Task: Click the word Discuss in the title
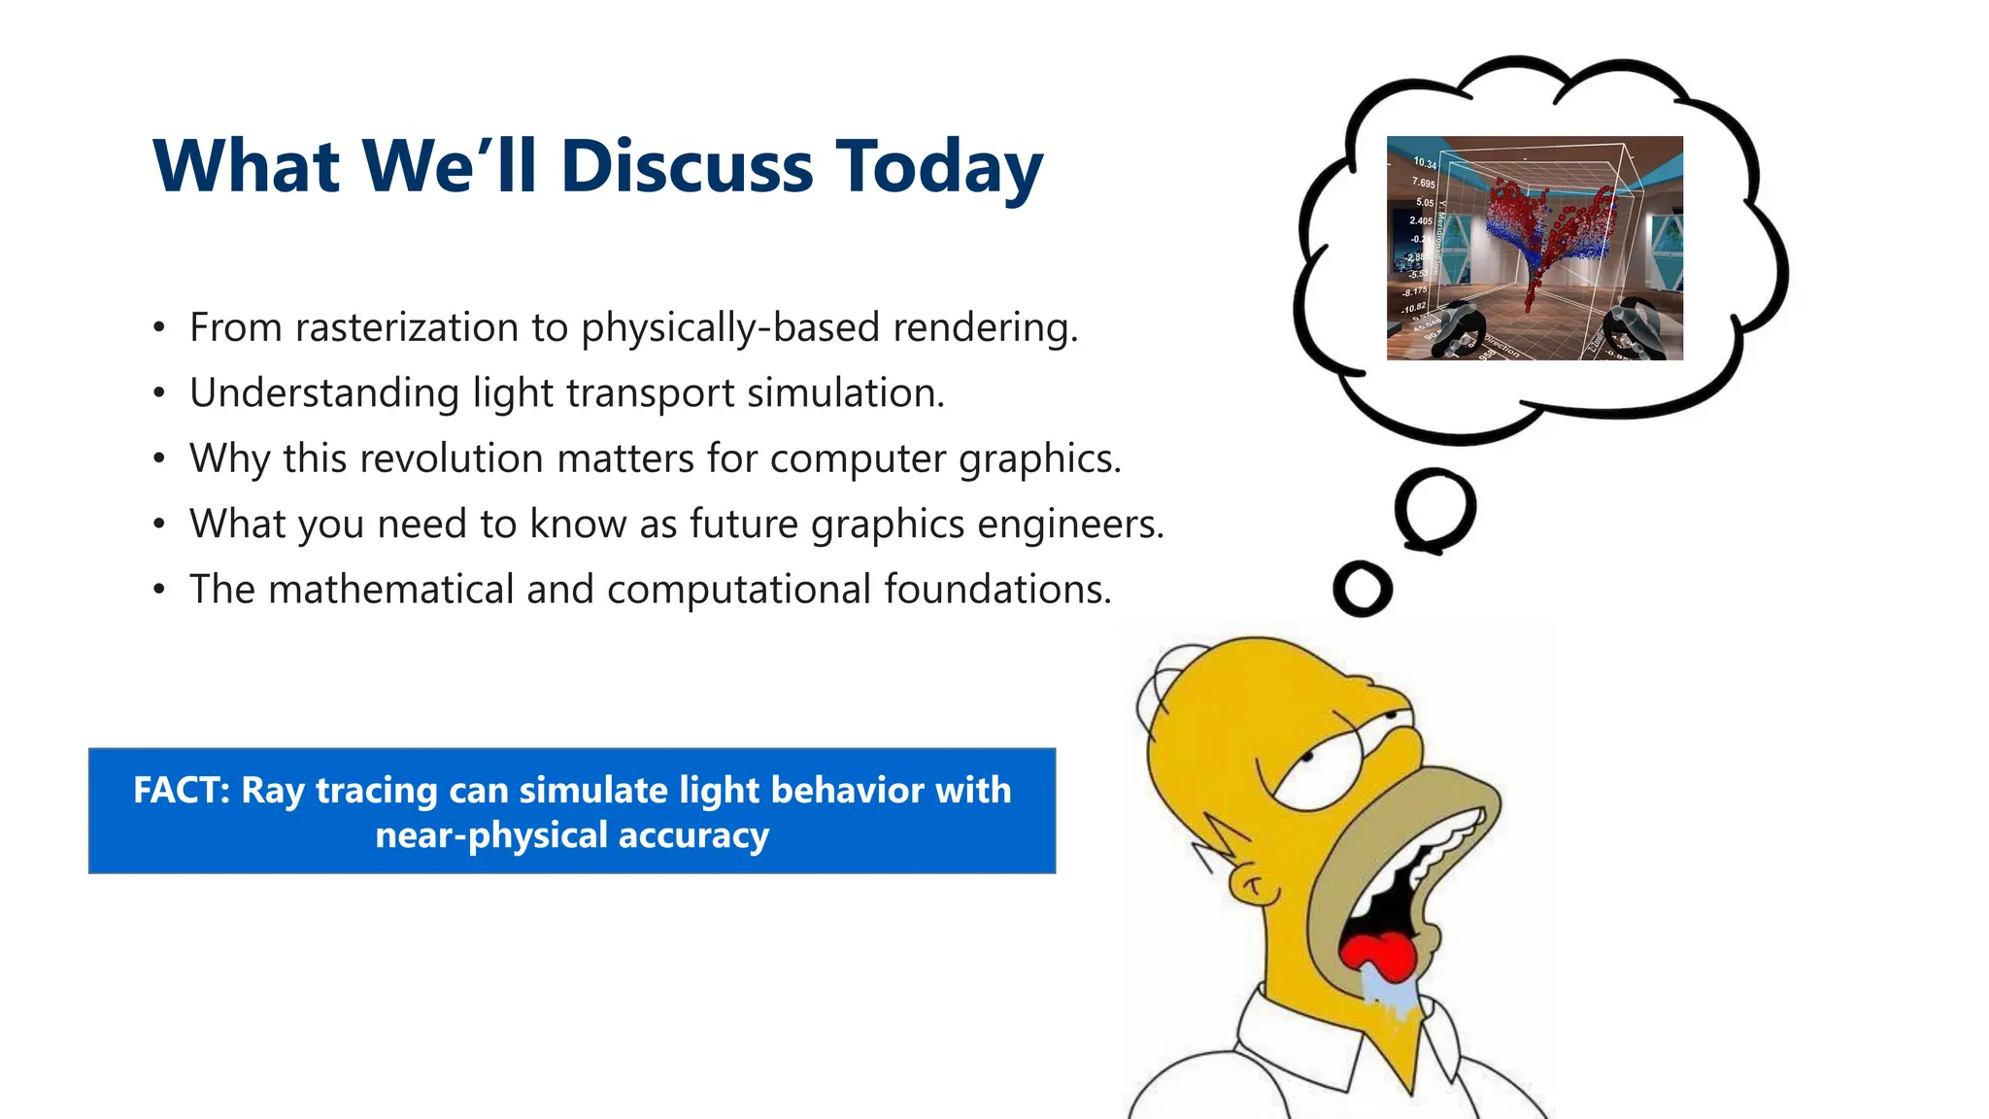(686, 166)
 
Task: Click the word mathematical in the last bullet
(390, 590)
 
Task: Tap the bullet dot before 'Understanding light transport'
(159, 394)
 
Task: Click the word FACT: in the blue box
(182, 790)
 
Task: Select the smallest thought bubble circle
(1363, 589)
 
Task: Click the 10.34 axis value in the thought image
(1424, 162)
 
